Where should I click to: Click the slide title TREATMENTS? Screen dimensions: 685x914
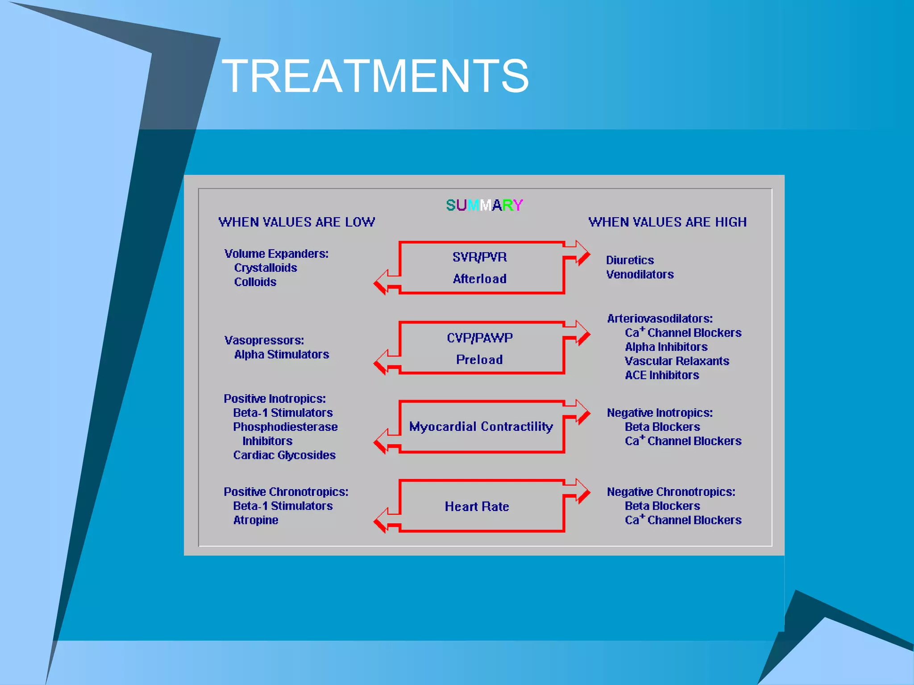(375, 76)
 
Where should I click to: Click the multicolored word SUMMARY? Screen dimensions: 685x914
(484, 205)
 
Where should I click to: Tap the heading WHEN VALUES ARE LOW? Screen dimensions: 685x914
(296, 222)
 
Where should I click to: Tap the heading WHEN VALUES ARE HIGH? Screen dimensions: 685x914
(667, 222)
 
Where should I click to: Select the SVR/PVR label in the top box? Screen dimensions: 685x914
(479, 257)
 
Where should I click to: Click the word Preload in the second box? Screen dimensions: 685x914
(479, 359)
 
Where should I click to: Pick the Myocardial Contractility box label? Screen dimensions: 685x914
(481, 427)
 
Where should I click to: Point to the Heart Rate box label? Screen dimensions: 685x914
(477, 507)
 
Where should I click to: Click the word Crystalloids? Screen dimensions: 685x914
(266, 268)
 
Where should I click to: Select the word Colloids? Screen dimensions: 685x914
(255, 282)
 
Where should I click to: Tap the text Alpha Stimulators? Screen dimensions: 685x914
(282, 355)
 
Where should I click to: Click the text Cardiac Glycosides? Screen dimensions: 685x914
(284, 455)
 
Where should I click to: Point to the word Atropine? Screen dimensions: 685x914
(256, 520)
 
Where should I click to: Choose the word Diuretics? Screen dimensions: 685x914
(630, 260)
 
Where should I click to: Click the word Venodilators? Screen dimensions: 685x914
(640, 275)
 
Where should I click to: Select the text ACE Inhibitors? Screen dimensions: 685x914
(662, 376)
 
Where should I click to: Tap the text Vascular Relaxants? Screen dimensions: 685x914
(677, 361)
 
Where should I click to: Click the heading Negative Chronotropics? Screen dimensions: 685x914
(671, 492)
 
